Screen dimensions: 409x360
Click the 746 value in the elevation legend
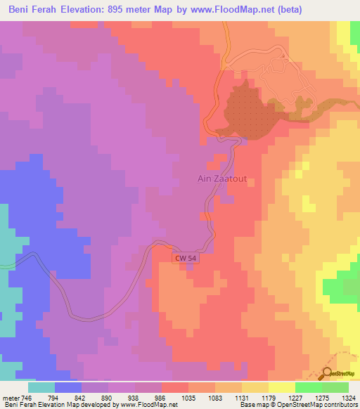27,397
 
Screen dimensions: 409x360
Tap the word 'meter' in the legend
11,397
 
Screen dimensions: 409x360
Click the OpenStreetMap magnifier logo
328,373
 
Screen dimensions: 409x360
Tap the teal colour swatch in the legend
41,387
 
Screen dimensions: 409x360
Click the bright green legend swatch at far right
335,387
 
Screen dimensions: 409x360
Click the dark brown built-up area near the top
246,112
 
